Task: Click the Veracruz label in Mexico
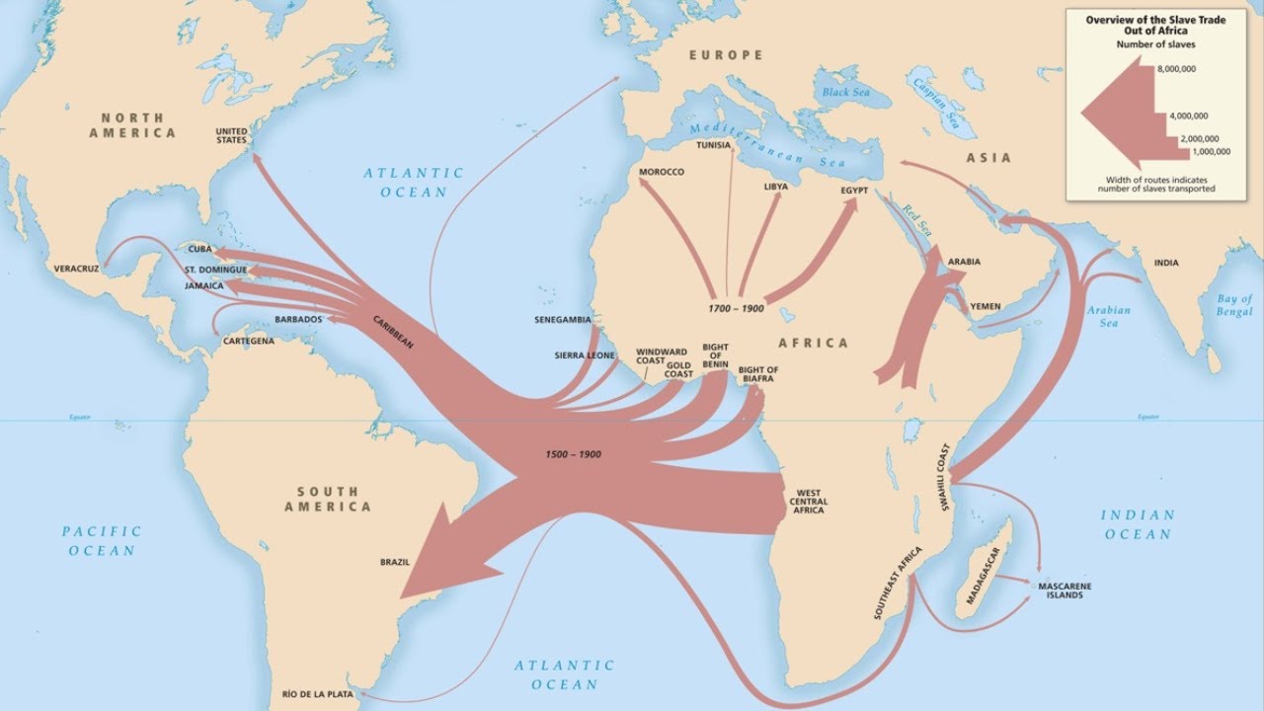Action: (76, 268)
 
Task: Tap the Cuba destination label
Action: (200, 249)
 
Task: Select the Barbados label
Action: (298, 320)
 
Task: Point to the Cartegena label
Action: (248, 341)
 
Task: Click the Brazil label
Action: (395, 563)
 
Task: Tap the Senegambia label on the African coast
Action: (562, 320)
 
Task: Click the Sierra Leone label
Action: (585, 355)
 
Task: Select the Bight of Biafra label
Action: (758, 375)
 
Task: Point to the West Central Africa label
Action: (809, 502)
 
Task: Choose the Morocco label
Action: (661, 172)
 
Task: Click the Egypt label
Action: (854, 189)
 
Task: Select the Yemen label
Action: (986, 307)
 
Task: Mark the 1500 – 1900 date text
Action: (573, 454)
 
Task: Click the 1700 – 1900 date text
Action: (736, 309)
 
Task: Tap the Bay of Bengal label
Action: (1233, 304)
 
